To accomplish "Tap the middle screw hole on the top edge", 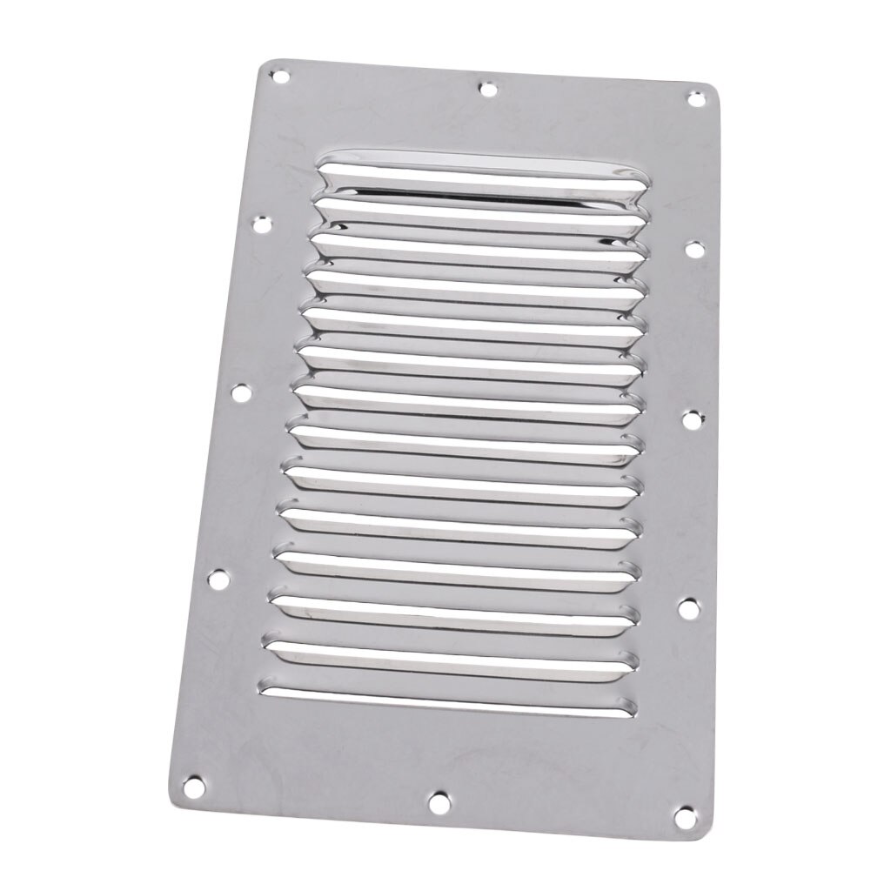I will (x=488, y=88).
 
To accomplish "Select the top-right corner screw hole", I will (x=696, y=98).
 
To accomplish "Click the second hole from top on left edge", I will (x=260, y=226).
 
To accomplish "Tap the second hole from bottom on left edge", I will (x=218, y=577).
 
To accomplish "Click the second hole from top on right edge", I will (x=693, y=249).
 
